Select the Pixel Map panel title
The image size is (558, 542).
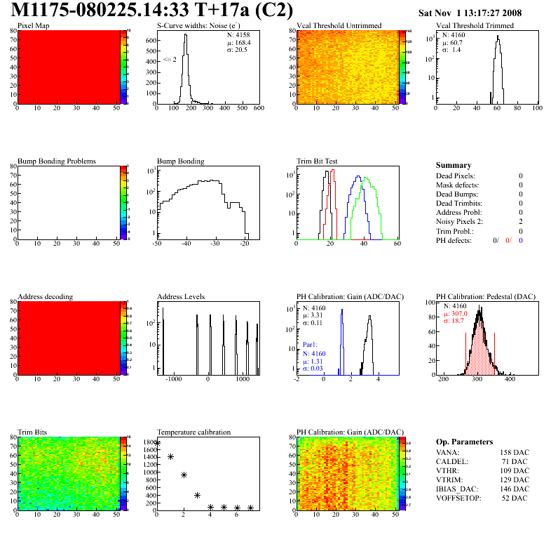pyautogui.click(x=33, y=26)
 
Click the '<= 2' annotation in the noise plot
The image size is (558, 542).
pyautogui.click(x=169, y=60)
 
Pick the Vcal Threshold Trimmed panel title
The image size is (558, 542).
pyautogui.click(x=475, y=26)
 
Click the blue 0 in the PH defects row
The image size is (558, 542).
pyautogui.click(x=522, y=240)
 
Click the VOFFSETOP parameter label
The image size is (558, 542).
pyautogui.click(x=460, y=498)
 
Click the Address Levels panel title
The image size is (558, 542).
pyautogui.click(x=181, y=297)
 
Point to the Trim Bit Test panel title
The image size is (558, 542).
pyautogui.click(x=318, y=161)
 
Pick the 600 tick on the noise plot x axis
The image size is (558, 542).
pyautogui.click(x=258, y=109)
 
